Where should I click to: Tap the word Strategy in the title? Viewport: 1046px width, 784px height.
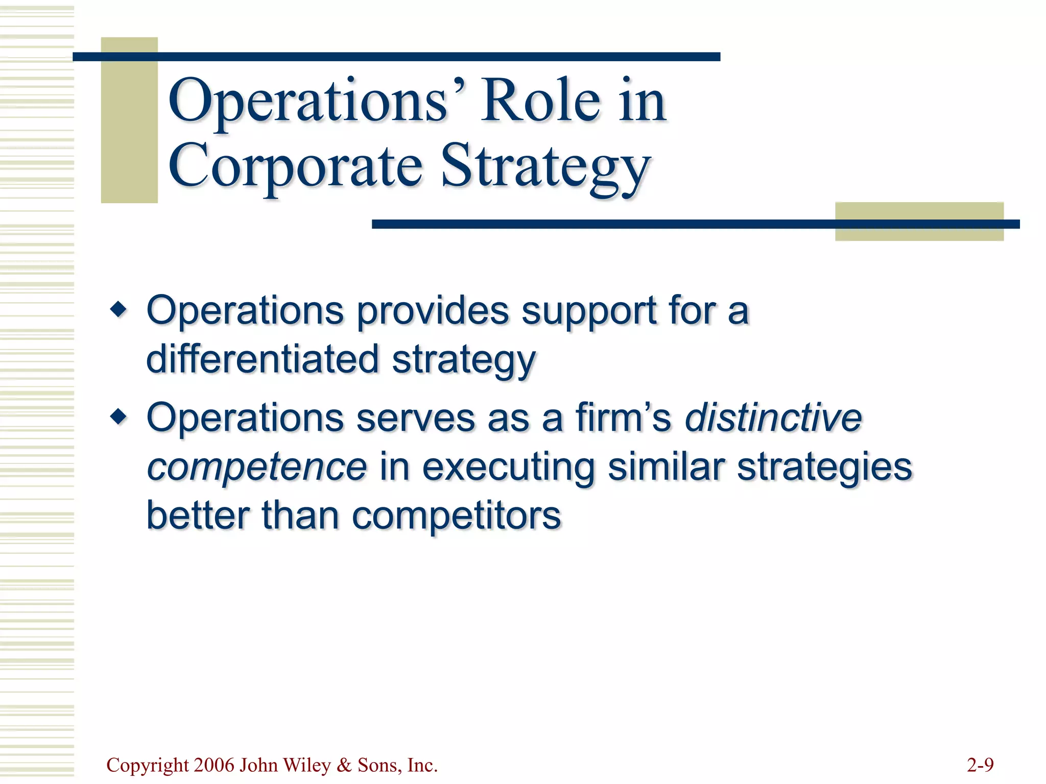tap(545, 168)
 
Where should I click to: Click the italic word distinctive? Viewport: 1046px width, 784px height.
tap(773, 418)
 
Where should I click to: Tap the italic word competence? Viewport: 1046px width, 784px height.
tap(256, 467)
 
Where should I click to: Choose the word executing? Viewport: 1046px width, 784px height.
tap(509, 467)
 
